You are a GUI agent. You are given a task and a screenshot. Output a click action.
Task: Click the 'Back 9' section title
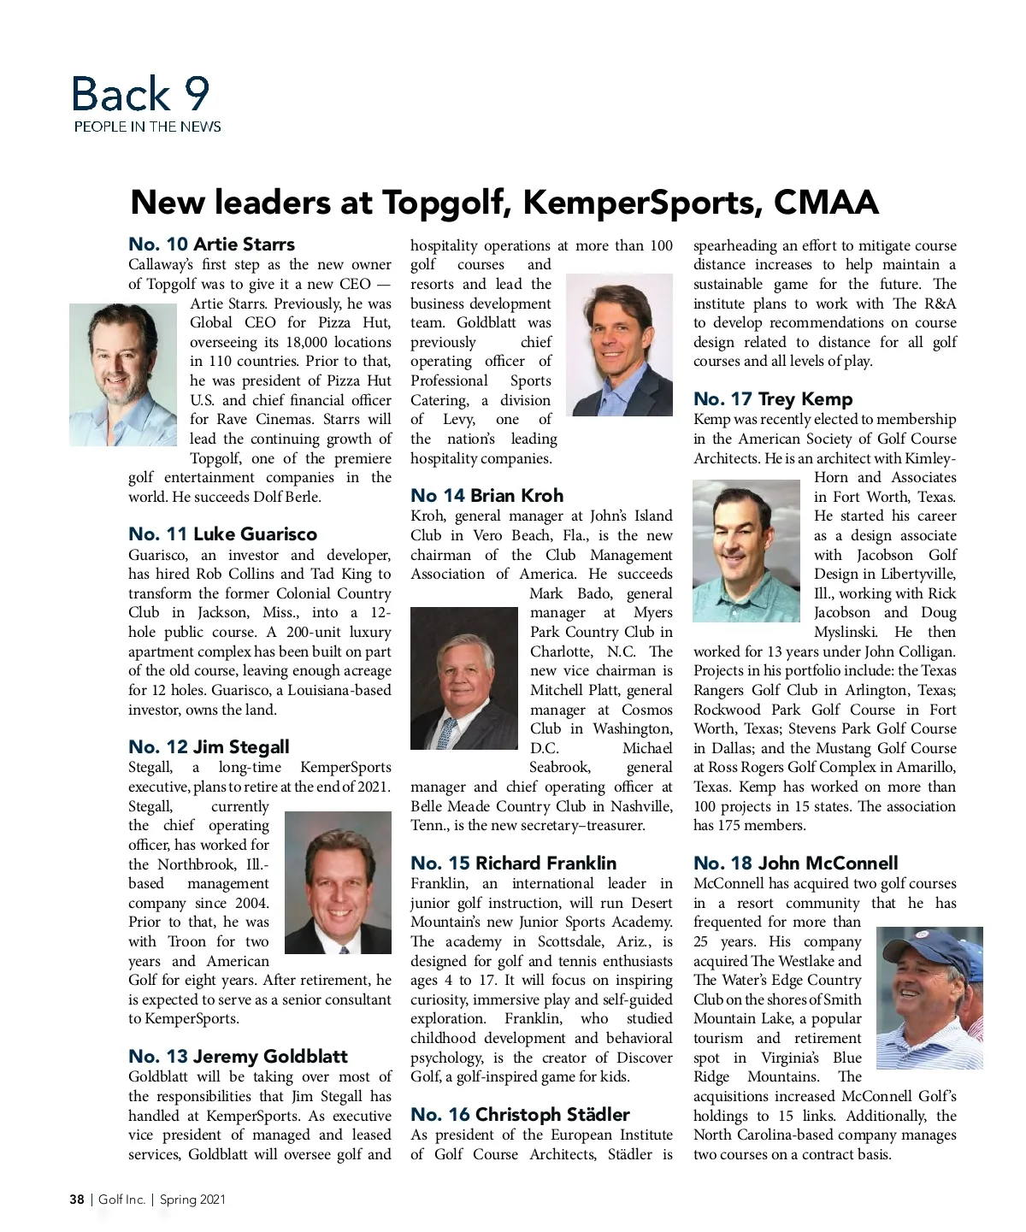[140, 94]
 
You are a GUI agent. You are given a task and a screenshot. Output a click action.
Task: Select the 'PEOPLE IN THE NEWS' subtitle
[147, 127]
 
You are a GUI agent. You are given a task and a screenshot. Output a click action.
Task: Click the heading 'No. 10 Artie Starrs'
[211, 245]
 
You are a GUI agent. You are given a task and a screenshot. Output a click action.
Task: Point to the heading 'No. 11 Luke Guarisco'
[222, 534]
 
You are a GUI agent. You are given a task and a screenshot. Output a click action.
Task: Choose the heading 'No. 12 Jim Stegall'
[209, 747]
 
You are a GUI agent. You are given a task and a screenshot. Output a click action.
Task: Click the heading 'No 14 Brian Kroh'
[486, 496]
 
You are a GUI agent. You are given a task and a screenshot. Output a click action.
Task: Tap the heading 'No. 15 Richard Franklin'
[513, 864]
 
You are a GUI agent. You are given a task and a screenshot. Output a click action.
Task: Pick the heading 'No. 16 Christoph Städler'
[520, 1115]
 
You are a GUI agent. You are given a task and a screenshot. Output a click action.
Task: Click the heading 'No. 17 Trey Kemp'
[772, 399]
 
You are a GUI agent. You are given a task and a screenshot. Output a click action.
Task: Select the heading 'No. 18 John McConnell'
[795, 864]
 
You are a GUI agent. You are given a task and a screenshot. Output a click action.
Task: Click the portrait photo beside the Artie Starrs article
[123, 374]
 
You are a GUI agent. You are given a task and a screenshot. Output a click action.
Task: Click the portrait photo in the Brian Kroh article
[464, 678]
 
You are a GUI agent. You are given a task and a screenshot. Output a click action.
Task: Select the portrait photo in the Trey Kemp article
[746, 551]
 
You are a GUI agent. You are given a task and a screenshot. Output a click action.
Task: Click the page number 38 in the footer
[77, 1200]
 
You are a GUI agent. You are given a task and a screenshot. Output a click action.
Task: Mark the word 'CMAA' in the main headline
[826, 203]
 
